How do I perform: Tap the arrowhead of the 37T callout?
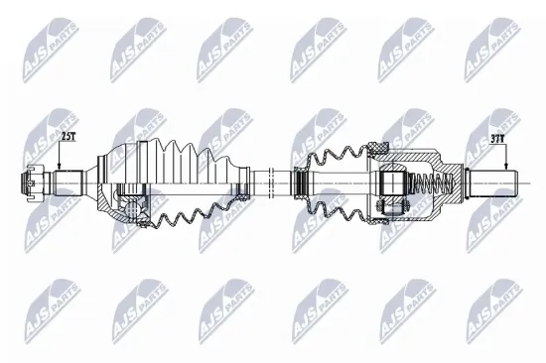(x=503, y=171)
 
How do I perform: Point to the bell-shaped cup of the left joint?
(x=114, y=183)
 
